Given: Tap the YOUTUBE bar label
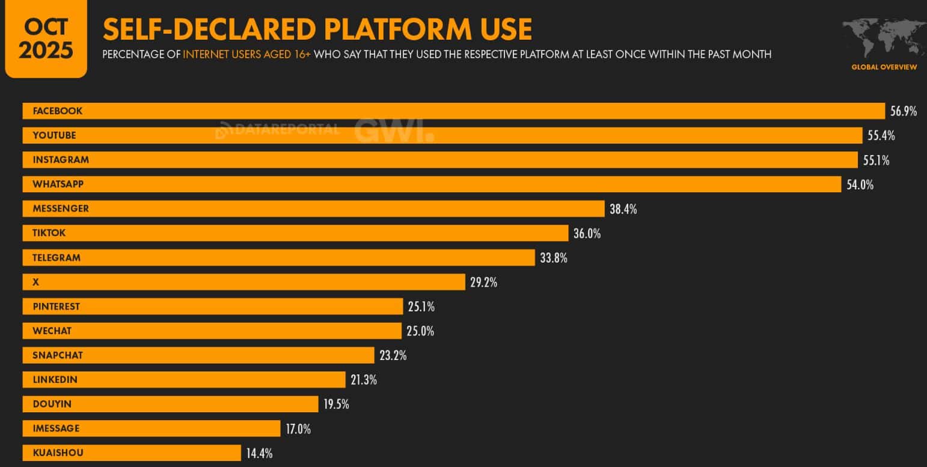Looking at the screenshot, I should tap(54, 135).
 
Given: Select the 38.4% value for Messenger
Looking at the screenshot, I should tap(623, 209).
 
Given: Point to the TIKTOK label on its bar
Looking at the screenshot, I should tap(49, 233).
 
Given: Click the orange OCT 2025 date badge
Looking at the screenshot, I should tap(46, 39).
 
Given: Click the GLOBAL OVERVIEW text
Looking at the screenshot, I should tap(884, 67).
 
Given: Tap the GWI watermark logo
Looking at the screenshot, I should tap(394, 131).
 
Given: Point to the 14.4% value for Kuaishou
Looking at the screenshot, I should tap(260, 453).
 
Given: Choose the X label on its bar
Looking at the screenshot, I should tap(35, 282).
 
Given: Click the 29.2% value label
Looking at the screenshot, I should tap(483, 282).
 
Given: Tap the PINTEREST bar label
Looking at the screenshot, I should tap(56, 307).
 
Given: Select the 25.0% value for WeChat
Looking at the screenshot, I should tap(420, 331).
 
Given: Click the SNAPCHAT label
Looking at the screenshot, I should tap(58, 355).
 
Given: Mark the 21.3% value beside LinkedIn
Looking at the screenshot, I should tap(364, 380).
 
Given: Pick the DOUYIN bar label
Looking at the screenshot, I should tap(52, 404).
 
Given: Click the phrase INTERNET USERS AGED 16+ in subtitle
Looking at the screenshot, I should tap(246, 55).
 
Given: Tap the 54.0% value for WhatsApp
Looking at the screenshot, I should tap(860, 185).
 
